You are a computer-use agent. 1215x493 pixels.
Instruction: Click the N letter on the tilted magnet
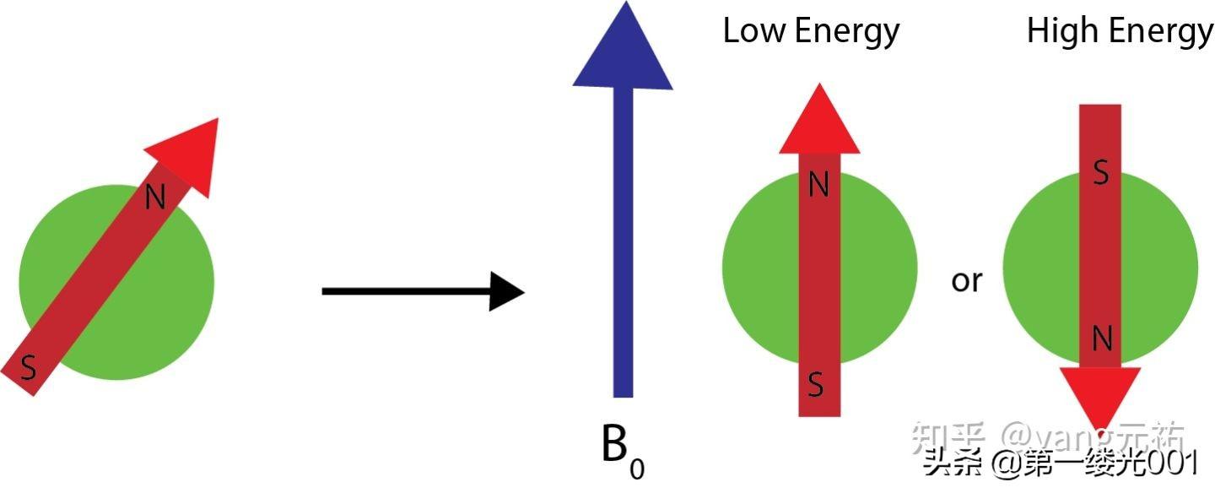pos(155,197)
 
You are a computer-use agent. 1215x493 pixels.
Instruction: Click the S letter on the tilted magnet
pos(29,368)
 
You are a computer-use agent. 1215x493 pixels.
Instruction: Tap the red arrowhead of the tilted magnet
pos(190,150)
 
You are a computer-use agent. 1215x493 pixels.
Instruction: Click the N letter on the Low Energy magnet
pos(818,185)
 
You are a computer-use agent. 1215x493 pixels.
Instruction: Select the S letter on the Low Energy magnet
pos(816,384)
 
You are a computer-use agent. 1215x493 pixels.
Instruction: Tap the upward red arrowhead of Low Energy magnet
pos(818,122)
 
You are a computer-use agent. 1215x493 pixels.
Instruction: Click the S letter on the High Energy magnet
pos(1100,173)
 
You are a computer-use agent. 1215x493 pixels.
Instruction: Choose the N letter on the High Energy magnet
pos(1101,339)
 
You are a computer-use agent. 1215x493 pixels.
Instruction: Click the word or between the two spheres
pos(967,281)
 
